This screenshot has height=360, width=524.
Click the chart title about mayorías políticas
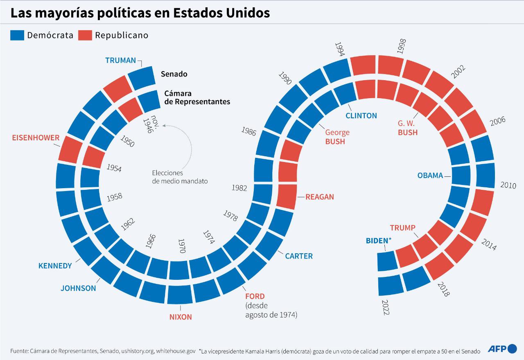click(x=140, y=13)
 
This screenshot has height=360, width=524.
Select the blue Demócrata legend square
click(x=18, y=35)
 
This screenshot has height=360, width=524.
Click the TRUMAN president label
click(x=120, y=61)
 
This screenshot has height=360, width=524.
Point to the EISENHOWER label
click(x=36, y=138)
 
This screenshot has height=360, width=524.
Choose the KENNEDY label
click(x=55, y=266)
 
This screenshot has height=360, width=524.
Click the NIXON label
click(x=181, y=317)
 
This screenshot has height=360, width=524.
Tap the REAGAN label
click(x=319, y=197)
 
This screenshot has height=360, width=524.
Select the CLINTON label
click(x=361, y=116)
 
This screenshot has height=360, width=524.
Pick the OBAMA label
click(x=430, y=175)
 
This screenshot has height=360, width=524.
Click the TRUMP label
click(x=402, y=228)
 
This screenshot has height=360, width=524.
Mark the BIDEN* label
click(x=379, y=241)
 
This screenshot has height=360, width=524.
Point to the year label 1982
click(x=239, y=188)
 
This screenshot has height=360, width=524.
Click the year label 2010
click(x=508, y=185)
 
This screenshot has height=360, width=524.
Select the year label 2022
click(x=385, y=307)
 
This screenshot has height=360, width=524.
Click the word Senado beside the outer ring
click(x=174, y=74)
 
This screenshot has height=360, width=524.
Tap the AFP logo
click(x=502, y=349)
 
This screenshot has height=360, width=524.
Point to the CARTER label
click(x=299, y=256)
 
